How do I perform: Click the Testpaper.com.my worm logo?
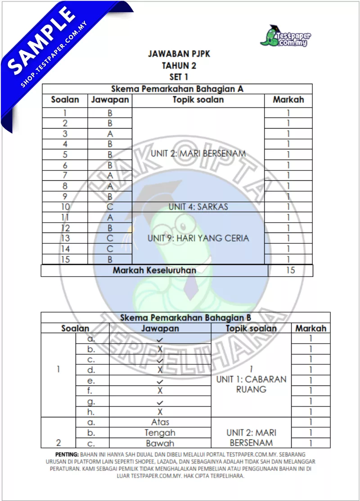pos(285,36)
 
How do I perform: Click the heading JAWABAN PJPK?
pos(179,54)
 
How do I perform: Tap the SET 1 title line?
pos(179,77)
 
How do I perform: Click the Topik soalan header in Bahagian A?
pos(198,100)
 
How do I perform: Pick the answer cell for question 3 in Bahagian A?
pos(110,134)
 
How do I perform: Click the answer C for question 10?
pos(110,207)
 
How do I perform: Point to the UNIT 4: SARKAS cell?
pos(198,207)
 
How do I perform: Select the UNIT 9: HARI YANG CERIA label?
pos(198,238)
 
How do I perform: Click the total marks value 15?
pos(290,270)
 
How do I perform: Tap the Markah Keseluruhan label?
pos(154,270)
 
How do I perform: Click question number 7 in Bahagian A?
pos(65,175)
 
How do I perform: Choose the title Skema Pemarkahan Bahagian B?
pos(185,318)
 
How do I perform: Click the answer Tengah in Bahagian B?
pos(160,433)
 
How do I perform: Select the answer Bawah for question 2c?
pos(160,443)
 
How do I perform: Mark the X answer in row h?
pos(160,412)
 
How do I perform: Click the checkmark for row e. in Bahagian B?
pos(160,381)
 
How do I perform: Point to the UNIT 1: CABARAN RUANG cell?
pos(251,384)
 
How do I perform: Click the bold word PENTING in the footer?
pos(67,454)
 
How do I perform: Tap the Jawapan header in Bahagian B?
pos(160,328)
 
